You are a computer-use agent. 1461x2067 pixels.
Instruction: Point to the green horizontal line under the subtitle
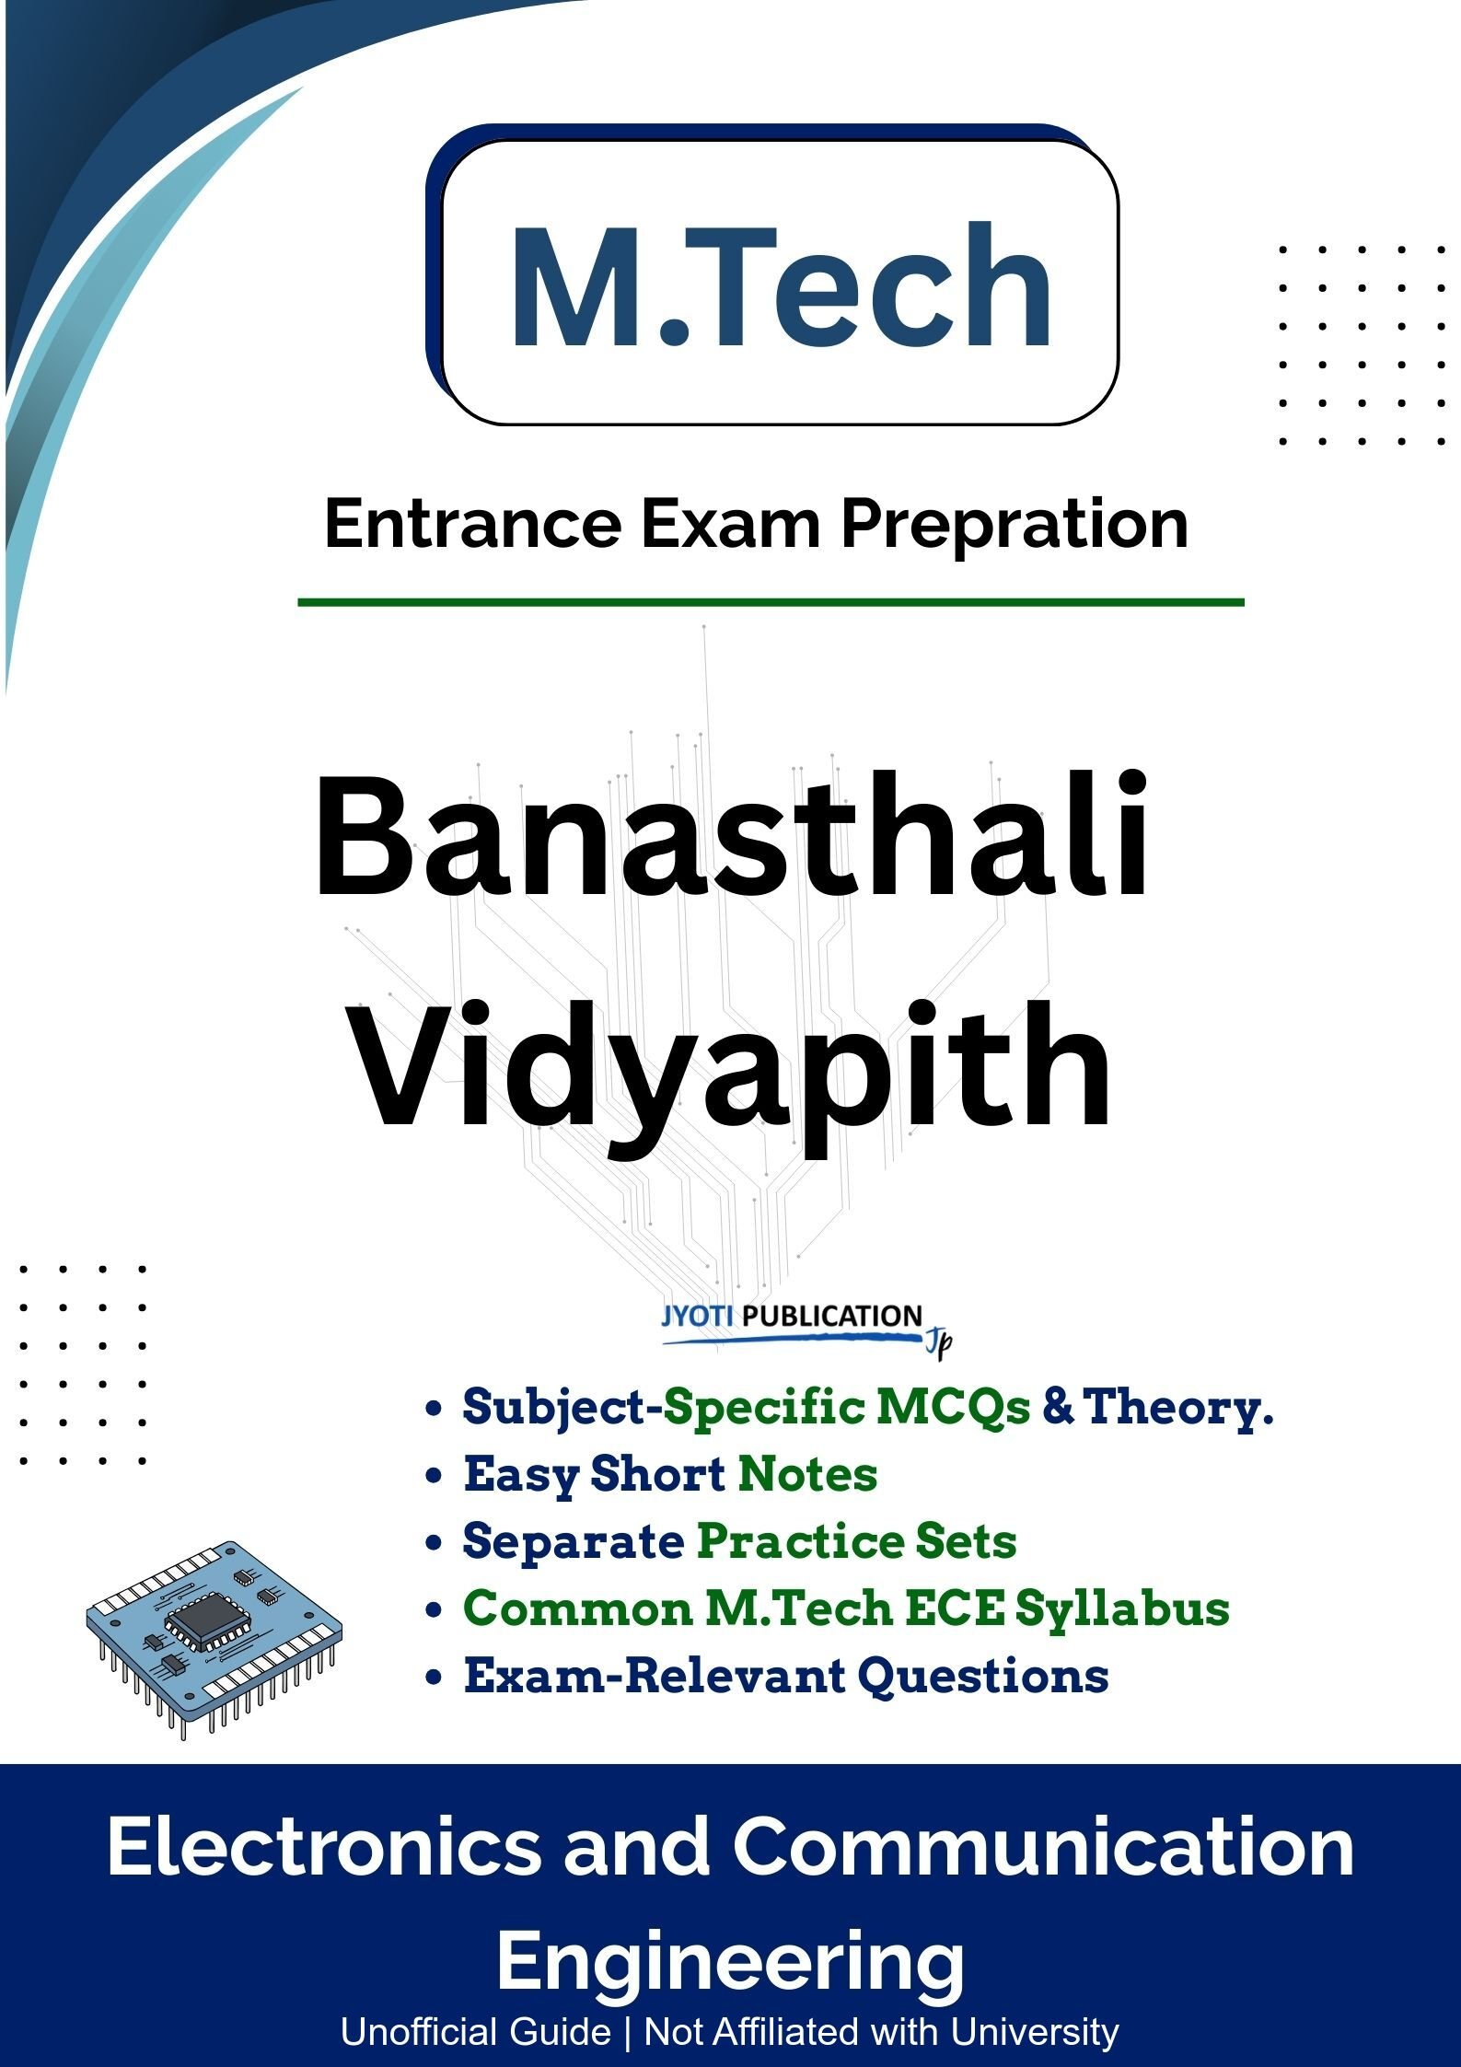(771, 603)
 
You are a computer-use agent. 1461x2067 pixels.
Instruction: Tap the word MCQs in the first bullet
(954, 1409)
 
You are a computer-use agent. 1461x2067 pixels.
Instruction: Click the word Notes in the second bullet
(807, 1474)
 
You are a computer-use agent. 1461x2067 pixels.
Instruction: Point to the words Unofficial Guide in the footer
(475, 2031)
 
